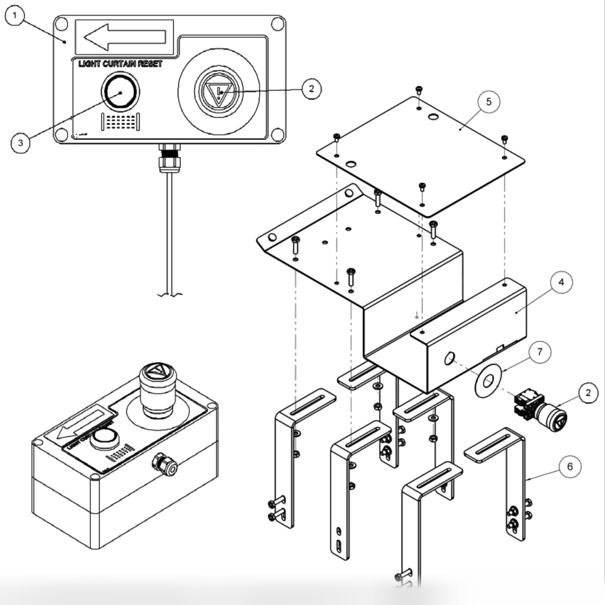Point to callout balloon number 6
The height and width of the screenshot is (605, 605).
(570, 466)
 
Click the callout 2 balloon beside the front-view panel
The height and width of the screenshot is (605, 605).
(311, 89)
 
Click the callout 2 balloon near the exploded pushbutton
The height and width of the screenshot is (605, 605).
(588, 393)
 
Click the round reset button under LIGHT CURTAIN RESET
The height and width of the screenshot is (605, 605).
(120, 92)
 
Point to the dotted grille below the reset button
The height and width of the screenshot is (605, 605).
(120, 122)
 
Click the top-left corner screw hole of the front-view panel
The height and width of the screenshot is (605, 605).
(62, 24)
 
